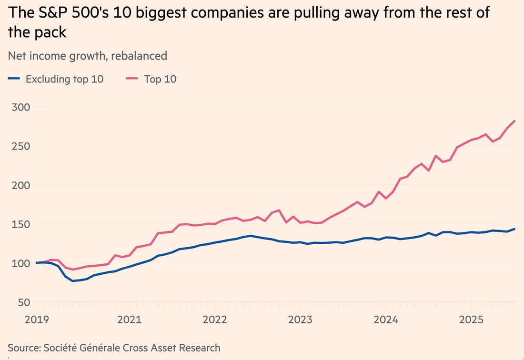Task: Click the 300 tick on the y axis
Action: (x=18, y=107)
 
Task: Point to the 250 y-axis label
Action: (x=18, y=146)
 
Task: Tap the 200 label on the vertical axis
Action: (x=18, y=185)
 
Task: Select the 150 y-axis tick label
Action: (x=18, y=224)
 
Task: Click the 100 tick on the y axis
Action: (x=18, y=263)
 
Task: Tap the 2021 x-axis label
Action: (x=129, y=320)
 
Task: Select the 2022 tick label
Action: (x=214, y=320)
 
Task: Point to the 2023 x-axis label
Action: (x=300, y=320)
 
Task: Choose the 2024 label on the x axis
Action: (x=386, y=320)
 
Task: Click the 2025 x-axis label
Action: (x=472, y=320)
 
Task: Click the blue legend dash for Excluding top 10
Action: (x=14, y=79)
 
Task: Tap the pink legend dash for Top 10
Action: (x=132, y=79)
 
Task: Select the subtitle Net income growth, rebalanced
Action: (x=87, y=56)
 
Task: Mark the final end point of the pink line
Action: (x=515, y=121)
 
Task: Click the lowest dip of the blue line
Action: (x=73, y=281)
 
